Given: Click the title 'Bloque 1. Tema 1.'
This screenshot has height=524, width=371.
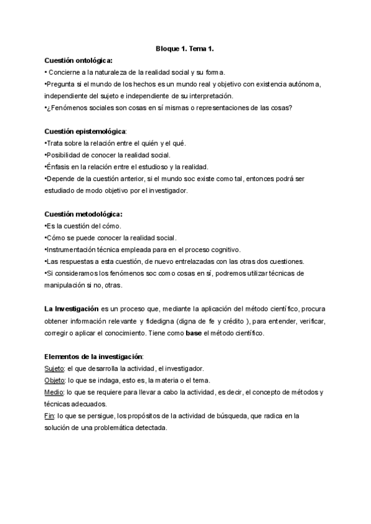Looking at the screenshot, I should [185, 48].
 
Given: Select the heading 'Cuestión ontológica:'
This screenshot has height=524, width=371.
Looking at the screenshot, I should [78, 61].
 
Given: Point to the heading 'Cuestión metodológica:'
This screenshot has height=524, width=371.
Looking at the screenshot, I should [83, 214].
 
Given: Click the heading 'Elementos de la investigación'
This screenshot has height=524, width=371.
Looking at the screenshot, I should [93, 357].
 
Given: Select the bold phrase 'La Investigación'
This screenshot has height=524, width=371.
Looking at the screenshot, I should [71, 308].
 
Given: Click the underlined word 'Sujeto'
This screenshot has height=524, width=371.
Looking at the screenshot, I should [54, 368].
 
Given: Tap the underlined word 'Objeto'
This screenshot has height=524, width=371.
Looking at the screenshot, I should [55, 380].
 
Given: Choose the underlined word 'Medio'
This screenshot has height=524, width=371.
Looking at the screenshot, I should [54, 392].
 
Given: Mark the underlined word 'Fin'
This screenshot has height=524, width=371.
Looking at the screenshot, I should [49, 416].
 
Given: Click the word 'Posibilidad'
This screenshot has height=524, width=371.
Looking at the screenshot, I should [64, 154].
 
